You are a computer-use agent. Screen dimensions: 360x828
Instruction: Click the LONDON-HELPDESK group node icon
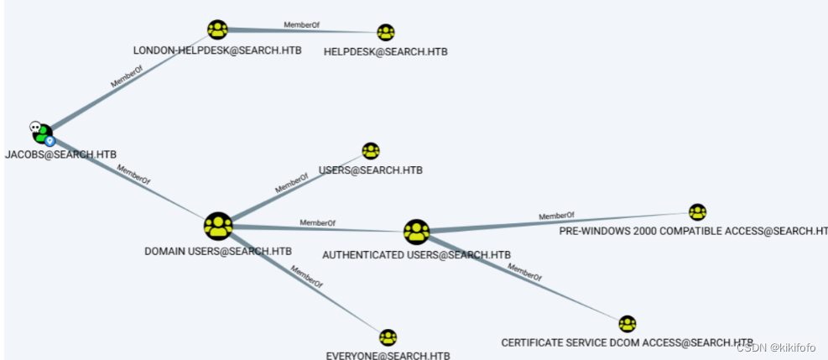217,30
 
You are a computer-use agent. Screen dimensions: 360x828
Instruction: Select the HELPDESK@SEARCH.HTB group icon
386,33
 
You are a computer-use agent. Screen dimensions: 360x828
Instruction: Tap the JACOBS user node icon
41,133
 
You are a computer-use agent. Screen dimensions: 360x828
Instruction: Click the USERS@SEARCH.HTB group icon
371,151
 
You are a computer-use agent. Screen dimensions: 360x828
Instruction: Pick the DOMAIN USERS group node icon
217,226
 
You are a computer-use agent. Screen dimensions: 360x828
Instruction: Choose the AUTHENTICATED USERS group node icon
416,232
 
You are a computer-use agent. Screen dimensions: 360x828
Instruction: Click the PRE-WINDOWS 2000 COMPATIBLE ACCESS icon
697,212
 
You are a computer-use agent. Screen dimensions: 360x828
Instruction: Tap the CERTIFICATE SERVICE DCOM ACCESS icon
627,324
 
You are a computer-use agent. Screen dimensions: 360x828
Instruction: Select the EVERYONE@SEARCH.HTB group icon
388,337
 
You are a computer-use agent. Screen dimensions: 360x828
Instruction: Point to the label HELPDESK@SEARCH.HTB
385,52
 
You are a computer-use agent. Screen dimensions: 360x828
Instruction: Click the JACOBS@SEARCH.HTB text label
60,154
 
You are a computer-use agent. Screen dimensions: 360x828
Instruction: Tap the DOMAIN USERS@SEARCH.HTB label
218,251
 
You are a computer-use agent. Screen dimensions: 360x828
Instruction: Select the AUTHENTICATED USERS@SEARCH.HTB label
417,254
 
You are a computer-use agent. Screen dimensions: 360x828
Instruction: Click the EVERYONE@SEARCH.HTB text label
388,355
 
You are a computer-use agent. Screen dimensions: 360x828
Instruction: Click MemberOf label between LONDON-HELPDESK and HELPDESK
301,25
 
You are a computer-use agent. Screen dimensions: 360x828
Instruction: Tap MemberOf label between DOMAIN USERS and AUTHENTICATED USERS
317,223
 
